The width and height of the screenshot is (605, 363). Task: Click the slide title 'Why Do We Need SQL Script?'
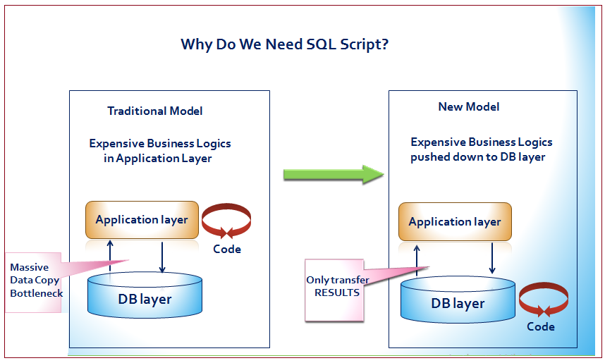coord(284,44)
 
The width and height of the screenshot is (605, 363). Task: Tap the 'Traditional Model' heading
coord(154,111)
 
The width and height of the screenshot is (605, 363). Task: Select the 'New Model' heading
coord(469,106)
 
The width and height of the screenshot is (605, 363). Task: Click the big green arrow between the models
coord(334,174)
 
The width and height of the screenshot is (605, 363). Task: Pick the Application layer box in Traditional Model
coord(142,220)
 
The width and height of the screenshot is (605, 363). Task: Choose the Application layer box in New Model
coord(455,222)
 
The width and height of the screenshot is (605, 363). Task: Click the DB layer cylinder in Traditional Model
coord(145,295)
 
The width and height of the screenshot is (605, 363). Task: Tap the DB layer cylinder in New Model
coord(458,299)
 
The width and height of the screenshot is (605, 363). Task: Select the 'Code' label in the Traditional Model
coord(227,250)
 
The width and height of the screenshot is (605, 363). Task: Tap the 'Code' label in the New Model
coord(541,327)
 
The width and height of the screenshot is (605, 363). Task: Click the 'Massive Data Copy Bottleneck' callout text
coord(36,281)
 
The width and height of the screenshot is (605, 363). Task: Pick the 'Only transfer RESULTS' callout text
coord(337,286)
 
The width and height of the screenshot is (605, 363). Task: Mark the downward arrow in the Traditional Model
coord(162,257)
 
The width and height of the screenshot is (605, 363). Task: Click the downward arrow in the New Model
coord(492,258)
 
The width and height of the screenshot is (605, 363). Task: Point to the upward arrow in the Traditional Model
coord(110,256)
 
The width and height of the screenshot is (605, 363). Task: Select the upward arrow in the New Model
coord(417,260)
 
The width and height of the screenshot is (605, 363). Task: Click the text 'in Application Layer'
coord(157,159)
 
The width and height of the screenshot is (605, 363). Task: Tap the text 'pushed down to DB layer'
coord(477,157)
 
